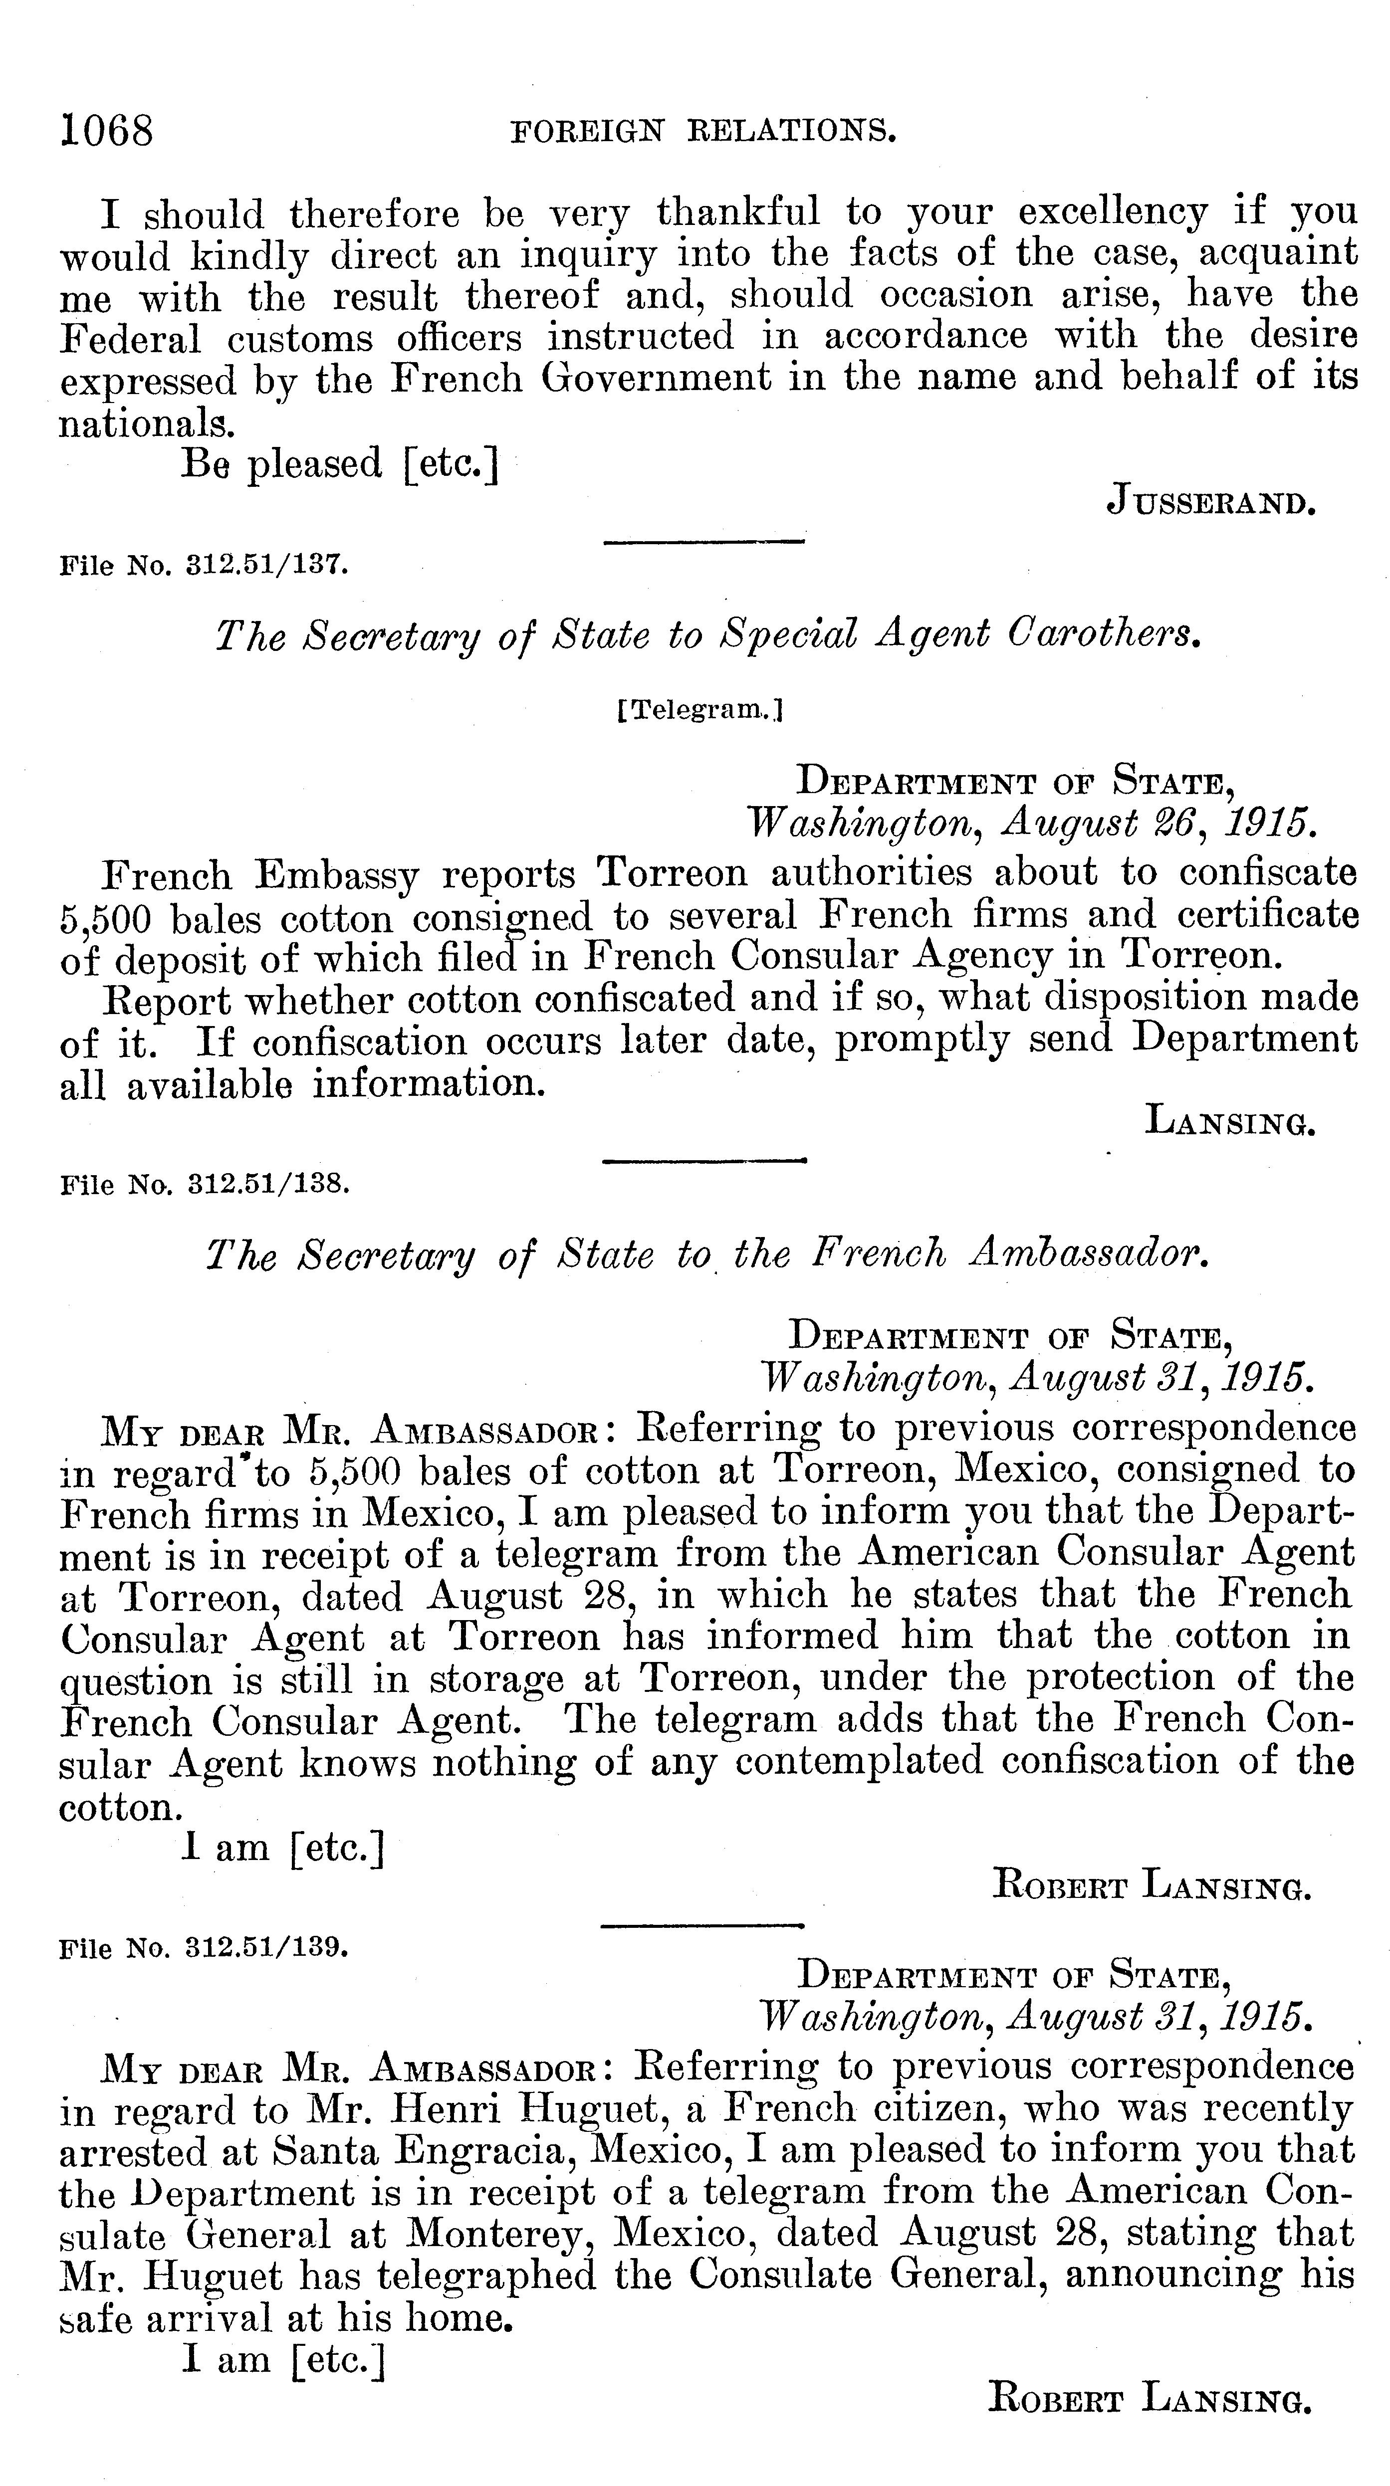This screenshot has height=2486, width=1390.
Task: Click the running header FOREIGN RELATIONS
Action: [702, 131]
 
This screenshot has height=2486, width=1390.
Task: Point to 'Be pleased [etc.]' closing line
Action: [340, 464]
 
